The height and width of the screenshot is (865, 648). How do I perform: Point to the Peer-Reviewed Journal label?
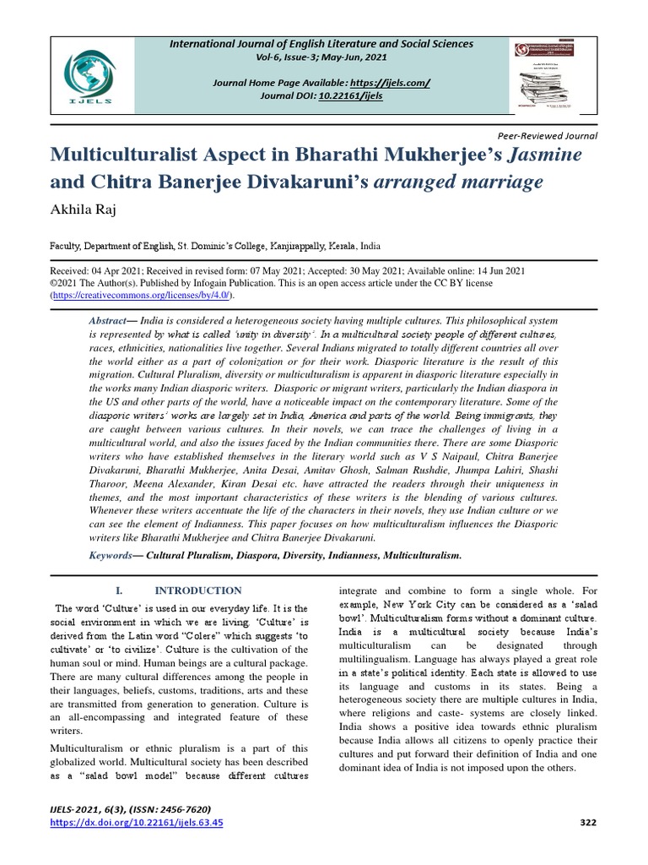point(548,135)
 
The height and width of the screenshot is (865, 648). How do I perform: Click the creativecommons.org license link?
point(141,295)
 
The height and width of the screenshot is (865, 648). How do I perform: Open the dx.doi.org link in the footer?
point(137,822)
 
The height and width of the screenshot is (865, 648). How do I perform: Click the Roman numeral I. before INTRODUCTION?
point(119,590)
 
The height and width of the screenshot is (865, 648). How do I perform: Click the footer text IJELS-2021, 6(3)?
point(88,808)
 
